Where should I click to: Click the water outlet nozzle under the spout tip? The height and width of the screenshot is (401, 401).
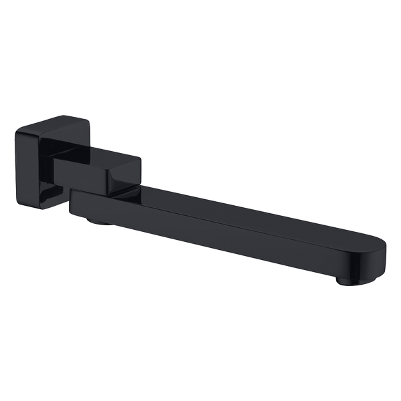(345, 281)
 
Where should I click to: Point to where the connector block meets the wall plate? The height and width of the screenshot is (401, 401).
(57, 164)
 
